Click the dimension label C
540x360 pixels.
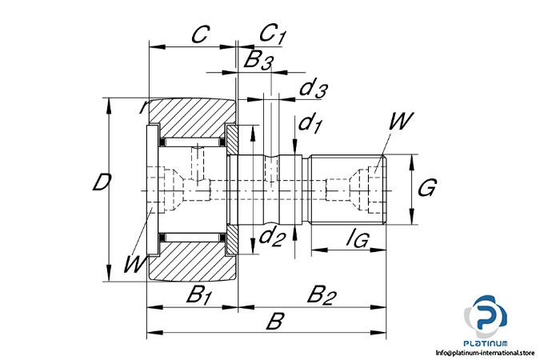coord(202,34)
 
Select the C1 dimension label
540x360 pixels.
coord(273,34)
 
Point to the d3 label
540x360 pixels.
coord(311,90)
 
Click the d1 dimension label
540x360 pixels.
coord(309,124)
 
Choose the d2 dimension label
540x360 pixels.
coord(272,237)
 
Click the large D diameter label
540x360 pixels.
coord(100,184)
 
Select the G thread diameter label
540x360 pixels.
coord(426,190)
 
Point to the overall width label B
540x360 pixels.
coord(275,322)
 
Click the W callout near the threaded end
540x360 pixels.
coord(401,122)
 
